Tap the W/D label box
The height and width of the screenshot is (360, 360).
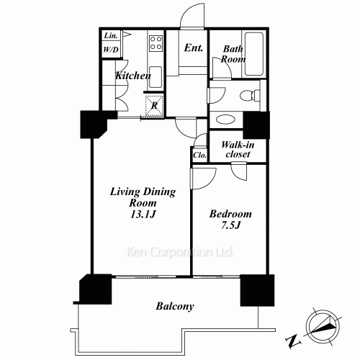coord(110,50)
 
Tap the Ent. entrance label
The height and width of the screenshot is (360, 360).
coord(192,49)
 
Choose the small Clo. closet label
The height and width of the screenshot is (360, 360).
coord(199,156)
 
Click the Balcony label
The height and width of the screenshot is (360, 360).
coord(174,307)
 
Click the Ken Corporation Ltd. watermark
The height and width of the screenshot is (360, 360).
coord(180,253)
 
